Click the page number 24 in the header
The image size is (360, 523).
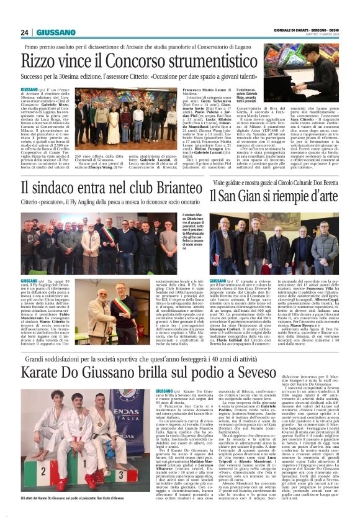[26, 32]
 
